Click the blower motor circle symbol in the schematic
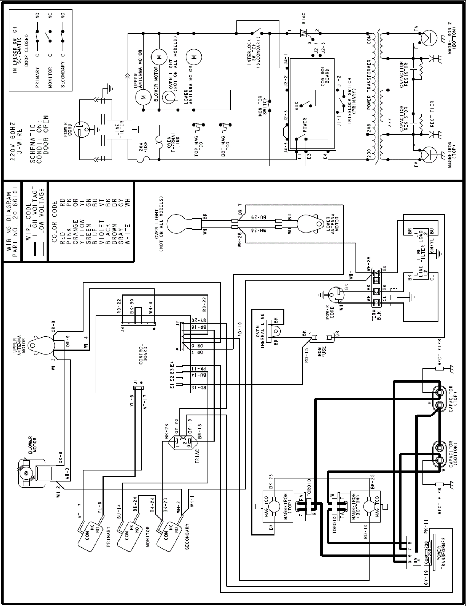click(159, 57)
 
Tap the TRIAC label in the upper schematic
click(303, 19)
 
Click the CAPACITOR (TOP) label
click(453, 399)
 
